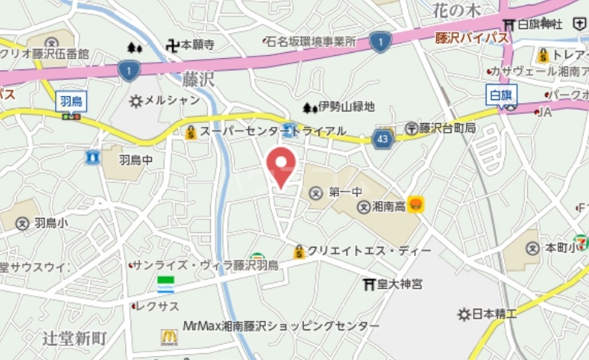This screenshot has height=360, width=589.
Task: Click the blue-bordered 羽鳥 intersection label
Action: point(71,100)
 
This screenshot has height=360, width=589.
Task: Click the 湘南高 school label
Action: point(385,206)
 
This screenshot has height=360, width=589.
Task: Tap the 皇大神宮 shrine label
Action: point(393,284)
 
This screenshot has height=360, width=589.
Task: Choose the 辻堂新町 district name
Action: point(74,338)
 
